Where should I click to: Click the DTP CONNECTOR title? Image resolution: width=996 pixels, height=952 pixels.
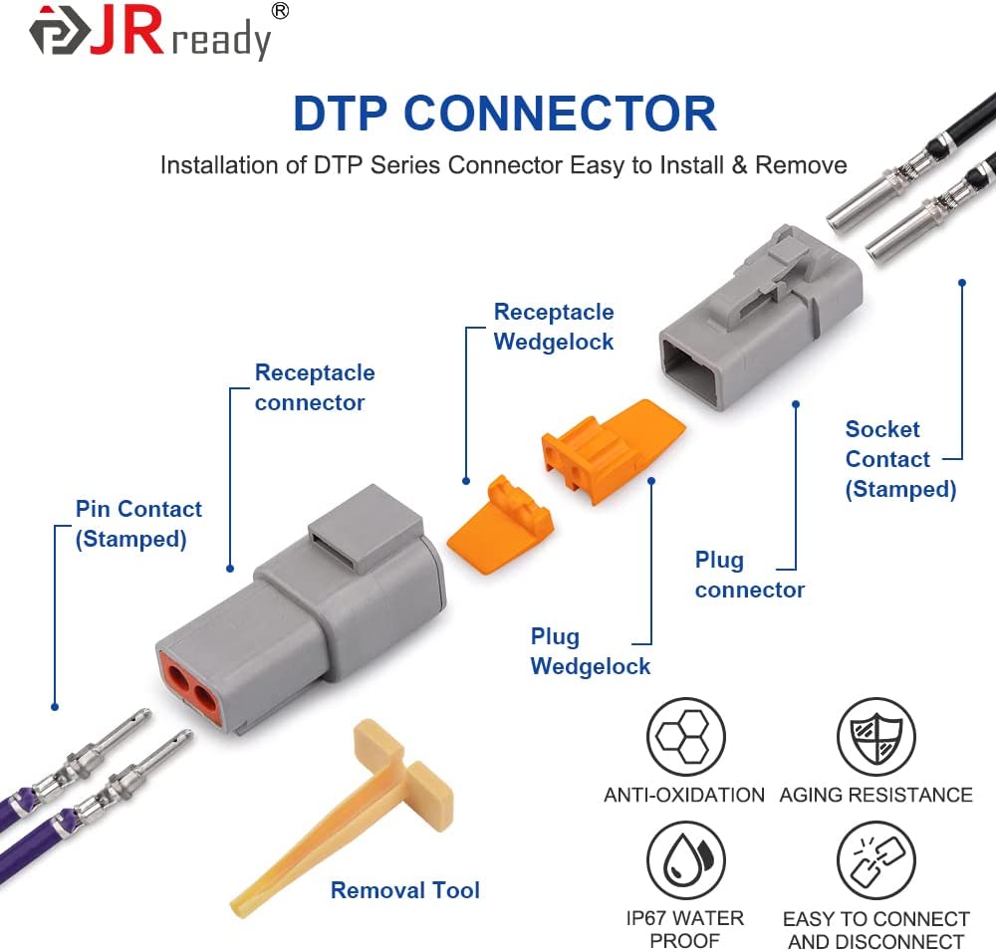(504, 114)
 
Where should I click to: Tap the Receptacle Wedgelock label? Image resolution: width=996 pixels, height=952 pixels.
(554, 327)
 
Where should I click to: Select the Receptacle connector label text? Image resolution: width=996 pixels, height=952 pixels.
(315, 387)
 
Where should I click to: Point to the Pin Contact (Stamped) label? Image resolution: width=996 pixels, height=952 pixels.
(138, 524)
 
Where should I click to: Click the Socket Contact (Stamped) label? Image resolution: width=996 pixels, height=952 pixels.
(899, 459)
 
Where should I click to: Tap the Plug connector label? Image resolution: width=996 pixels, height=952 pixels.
(749, 575)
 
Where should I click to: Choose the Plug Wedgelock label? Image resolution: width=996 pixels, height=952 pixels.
(590, 651)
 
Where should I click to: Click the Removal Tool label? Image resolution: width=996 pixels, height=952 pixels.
(404, 890)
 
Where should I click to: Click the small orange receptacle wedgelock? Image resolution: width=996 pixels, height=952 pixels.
(498, 523)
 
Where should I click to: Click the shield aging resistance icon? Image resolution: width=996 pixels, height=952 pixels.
(874, 737)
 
